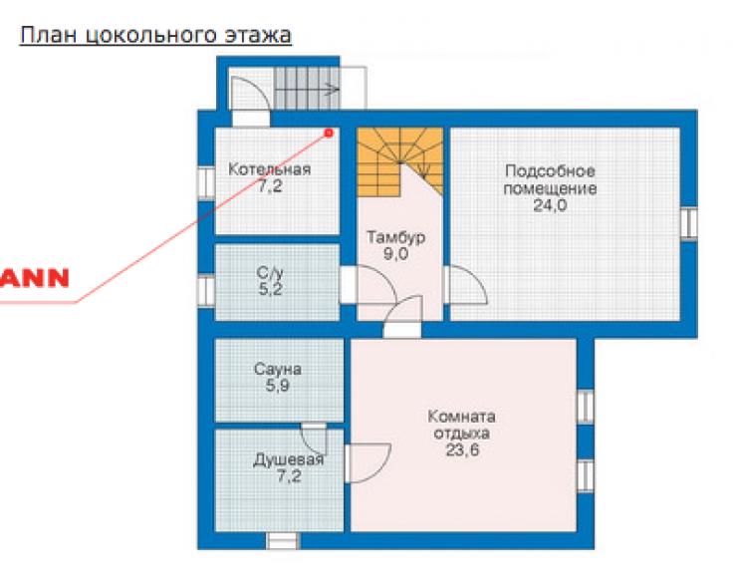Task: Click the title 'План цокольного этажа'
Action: pos(155,36)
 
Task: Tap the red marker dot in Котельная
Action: pos(329,134)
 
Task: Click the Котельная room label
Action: pos(270,168)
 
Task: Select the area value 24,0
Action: pos(550,205)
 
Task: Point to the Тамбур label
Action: pos(396,237)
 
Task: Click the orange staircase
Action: pos(400,161)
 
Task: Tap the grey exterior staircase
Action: pos(307,89)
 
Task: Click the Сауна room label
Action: pos(278,369)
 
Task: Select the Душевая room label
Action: pos(289,459)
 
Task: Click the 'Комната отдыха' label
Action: pos(461,425)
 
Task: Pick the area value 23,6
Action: pos(462,450)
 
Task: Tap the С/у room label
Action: pos(270,273)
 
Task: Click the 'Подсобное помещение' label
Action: pos(550,179)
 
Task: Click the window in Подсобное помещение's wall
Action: pos(689,223)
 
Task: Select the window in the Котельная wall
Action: pos(206,182)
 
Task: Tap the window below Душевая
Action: pos(283,541)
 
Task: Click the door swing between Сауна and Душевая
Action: pos(315,439)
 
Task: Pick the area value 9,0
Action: pos(396,254)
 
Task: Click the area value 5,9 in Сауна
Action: pos(278,386)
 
